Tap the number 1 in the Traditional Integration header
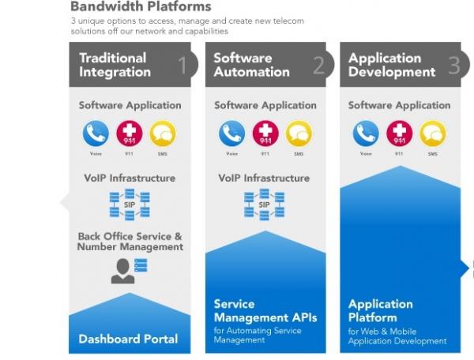[x=182, y=65]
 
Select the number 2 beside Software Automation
[x=318, y=65]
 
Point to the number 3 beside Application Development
[x=453, y=65]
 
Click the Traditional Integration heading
[x=115, y=65]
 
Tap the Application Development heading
[x=391, y=65]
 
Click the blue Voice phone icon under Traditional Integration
[x=96, y=133]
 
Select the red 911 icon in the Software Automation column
[x=265, y=133]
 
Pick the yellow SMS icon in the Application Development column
[x=433, y=133]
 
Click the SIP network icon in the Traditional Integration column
[x=130, y=204]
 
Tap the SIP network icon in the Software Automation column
[x=265, y=204]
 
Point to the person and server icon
[x=130, y=270]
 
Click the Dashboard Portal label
[x=128, y=339]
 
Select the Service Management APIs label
[x=264, y=310]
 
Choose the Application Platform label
[x=381, y=310]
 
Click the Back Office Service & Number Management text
[x=130, y=242]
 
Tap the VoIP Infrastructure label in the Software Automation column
[x=265, y=178]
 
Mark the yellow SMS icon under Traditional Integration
[x=163, y=133]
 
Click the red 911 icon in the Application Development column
[x=399, y=133]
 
